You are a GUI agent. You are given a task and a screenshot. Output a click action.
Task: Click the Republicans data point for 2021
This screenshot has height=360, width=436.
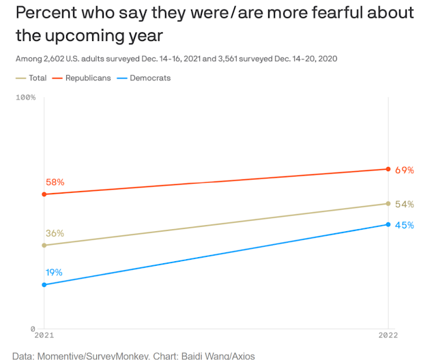tap(44, 194)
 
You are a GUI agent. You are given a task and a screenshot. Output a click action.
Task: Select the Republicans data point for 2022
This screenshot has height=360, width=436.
tap(388, 169)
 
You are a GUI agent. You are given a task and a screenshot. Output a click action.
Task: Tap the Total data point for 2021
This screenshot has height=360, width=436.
tap(44, 245)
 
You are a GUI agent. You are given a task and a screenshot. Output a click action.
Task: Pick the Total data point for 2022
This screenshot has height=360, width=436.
tap(388, 203)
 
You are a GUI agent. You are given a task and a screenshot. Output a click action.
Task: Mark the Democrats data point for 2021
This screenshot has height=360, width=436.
tap(44, 284)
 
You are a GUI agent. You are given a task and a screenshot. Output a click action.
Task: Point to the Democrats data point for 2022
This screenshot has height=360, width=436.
tap(388, 224)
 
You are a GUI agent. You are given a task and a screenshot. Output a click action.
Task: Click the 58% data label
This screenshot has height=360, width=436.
tap(55, 182)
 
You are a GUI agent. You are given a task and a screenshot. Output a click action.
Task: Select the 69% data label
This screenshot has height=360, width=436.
tap(405, 170)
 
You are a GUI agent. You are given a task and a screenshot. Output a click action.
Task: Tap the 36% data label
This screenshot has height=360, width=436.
tap(55, 233)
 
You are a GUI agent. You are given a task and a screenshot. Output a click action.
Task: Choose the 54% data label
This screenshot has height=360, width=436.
tap(405, 204)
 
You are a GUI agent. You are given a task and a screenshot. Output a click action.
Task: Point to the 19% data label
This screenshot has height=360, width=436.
tap(54, 272)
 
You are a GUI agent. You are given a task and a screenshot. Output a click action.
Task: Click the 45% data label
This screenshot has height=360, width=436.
tap(405, 225)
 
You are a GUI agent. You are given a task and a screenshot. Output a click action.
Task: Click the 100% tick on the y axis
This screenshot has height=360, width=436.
tap(25, 97)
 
